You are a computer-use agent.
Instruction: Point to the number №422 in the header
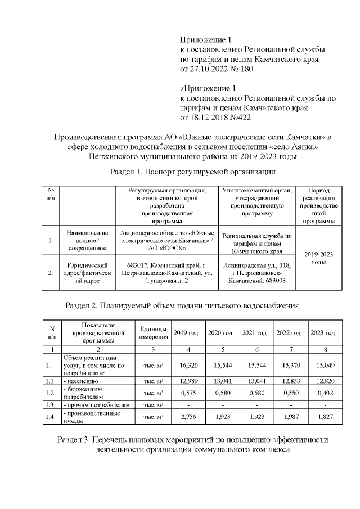238,118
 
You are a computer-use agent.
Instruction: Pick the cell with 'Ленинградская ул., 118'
256,272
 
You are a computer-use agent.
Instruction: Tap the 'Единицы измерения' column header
153,333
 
